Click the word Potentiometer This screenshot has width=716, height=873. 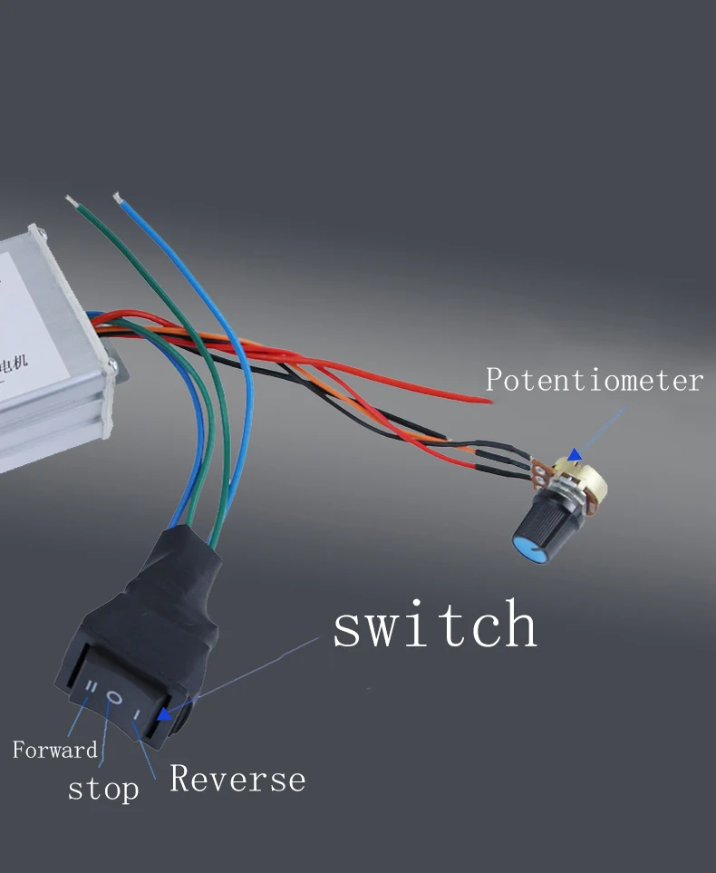[x=594, y=379]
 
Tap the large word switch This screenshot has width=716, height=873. [x=435, y=626]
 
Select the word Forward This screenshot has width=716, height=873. [x=54, y=750]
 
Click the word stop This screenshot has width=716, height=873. [x=103, y=788]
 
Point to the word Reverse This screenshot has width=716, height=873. [x=237, y=779]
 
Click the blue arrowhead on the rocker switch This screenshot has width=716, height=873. [x=164, y=714]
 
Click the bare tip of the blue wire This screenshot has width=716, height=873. [x=116, y=195]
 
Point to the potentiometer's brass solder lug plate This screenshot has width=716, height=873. [x=541, y=472]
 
